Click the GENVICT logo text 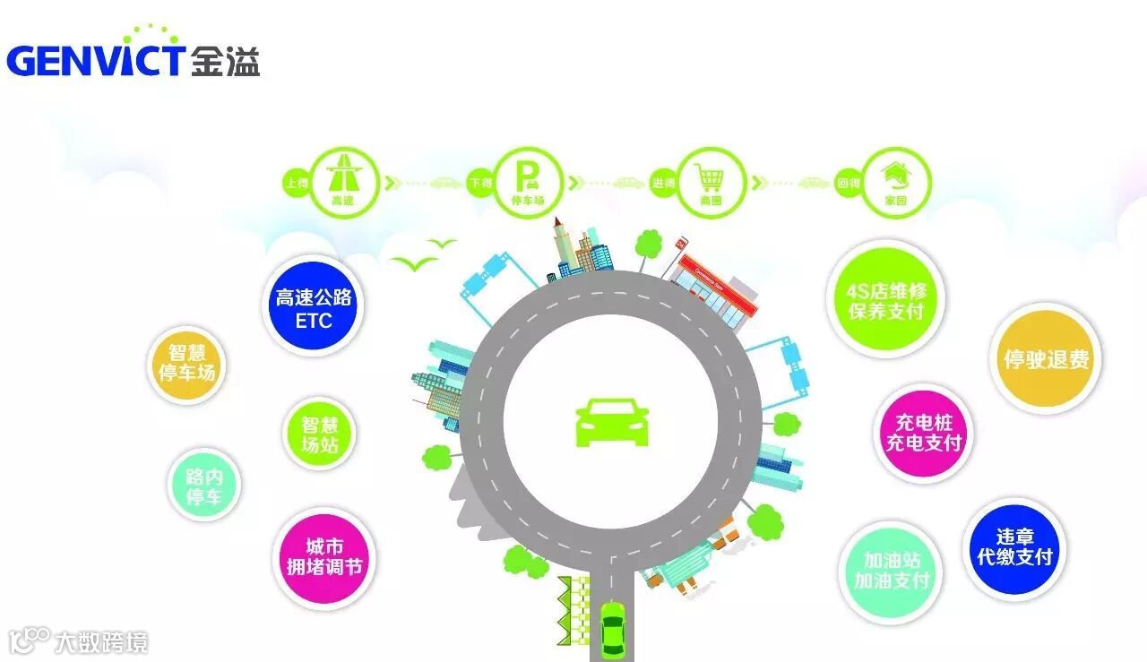tap(97, 59)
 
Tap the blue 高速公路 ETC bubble tap(313, 308)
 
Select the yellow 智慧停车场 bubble tap(186, 364)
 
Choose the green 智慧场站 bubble tap(319, 434)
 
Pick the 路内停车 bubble tap(204, 486)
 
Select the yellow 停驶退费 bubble tap(1045, 359)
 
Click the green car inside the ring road tap(612, 423)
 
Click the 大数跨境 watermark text tap(100, 642)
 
